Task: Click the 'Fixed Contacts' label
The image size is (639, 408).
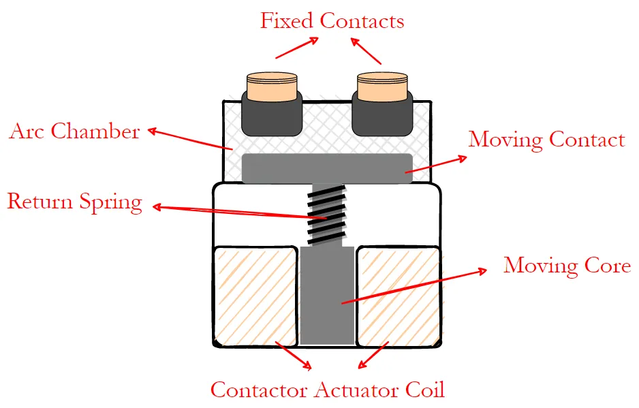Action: pyautogui.click(x=332, y=20)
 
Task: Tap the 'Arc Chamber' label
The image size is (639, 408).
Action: pyautogui.click(x=74, y=131)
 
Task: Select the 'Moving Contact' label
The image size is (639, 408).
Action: pyautogui.click(x=546, y=140)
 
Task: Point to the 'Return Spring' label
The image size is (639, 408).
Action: pyautogui.click(x=74, y=202)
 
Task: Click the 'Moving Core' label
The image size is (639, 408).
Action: pyautogui.click(x=567, y=265)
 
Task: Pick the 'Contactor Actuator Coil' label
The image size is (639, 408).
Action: pyautogui.click(x=327, y=390)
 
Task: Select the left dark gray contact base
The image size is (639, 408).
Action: pyautogui.click(x=272, y=116)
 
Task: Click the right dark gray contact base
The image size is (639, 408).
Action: pyautogui.click(x=381, y=116)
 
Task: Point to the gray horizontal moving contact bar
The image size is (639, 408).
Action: pyautogui.click(x=327, y=168)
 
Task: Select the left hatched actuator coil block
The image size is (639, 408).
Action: pyautogui.click(x=255, y=294)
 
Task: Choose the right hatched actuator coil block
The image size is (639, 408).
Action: pyautogui.click(x=399, y=294)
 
